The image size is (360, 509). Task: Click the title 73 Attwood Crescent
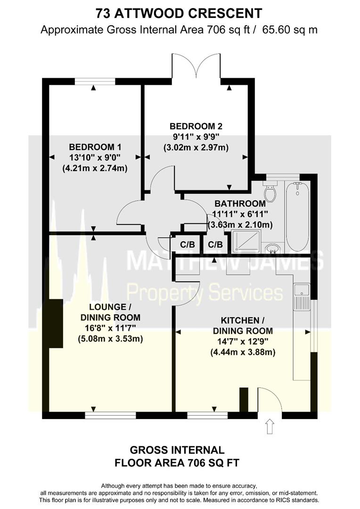pos(179,12)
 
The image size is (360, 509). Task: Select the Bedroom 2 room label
pos(196,126)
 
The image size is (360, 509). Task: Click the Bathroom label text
pos(240,204)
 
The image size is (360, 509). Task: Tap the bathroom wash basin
pos(272,248)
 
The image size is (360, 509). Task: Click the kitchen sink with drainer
pos(301,296)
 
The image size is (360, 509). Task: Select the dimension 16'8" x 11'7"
pos(110,328)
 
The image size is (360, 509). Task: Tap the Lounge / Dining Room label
pos(110,312)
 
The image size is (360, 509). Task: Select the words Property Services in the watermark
pos(205,293)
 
